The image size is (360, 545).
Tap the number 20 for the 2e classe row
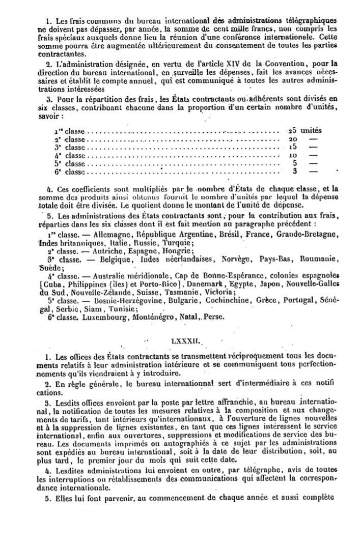click(293, 139)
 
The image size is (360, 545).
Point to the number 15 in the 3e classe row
click(293, 147)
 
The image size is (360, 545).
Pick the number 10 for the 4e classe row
click(293, 155)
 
